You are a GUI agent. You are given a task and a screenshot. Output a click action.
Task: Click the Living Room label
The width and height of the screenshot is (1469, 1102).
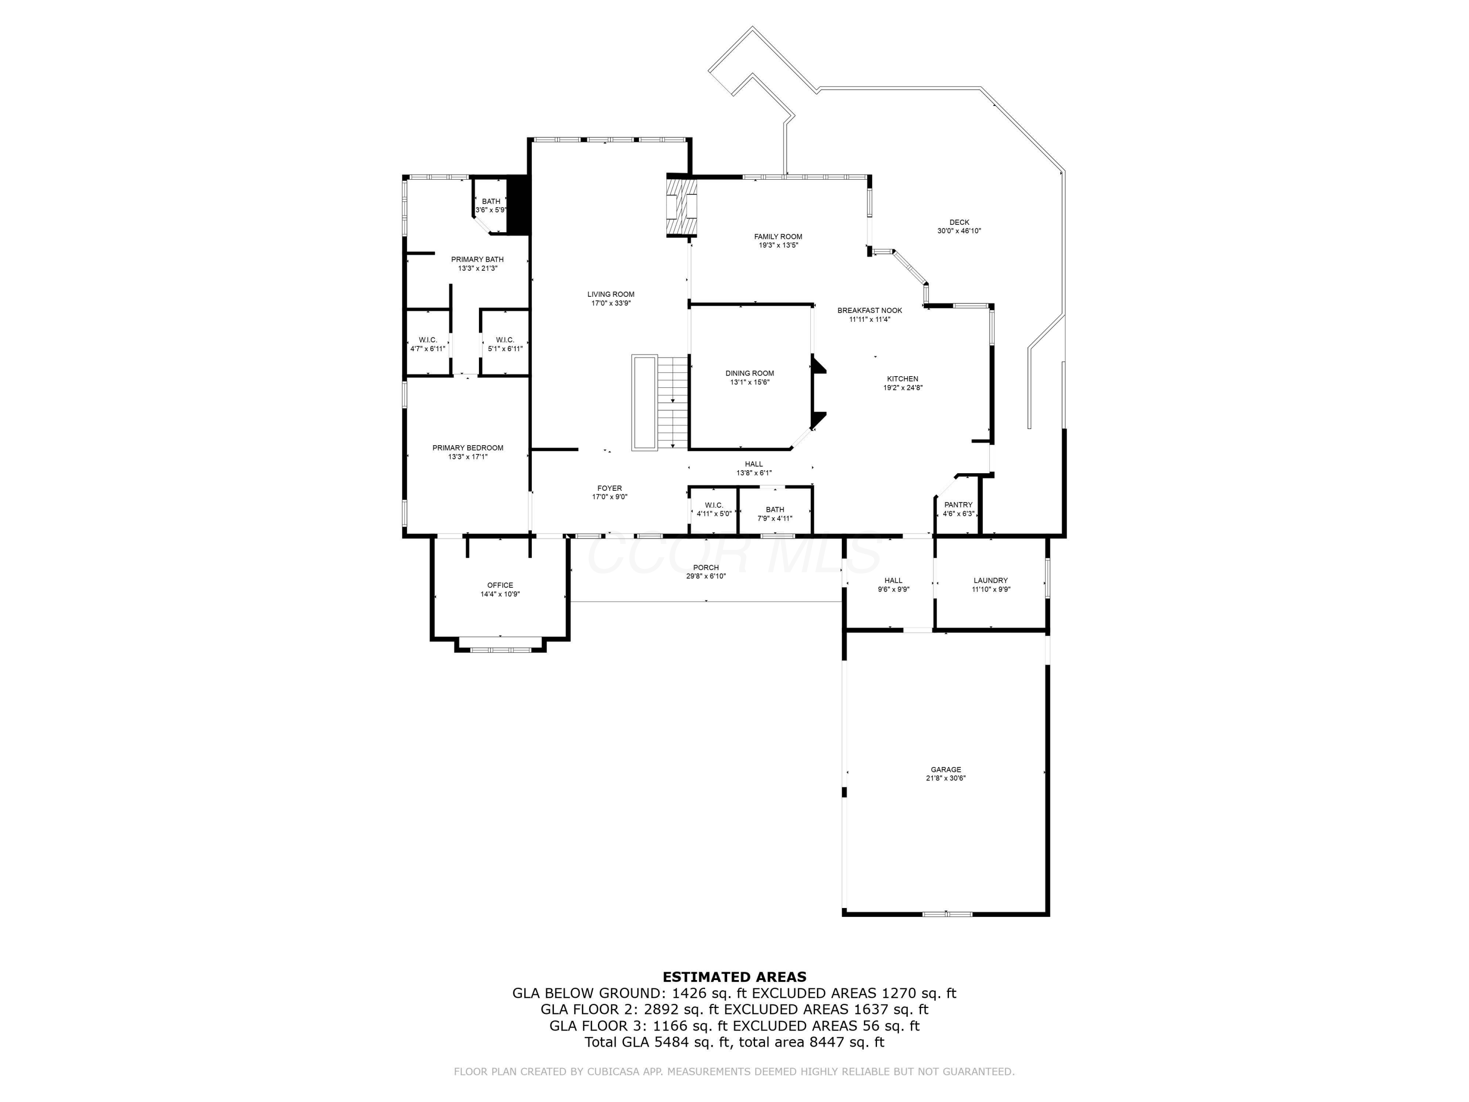tap(610, 294)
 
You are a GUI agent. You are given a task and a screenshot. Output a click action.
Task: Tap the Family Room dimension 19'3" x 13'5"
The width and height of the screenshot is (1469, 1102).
tap(779, 245)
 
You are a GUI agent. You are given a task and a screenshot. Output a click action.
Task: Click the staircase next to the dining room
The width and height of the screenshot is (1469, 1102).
tap(673, 403)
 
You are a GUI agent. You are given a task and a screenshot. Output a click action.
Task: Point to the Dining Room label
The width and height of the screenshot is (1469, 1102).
tap(749, 373)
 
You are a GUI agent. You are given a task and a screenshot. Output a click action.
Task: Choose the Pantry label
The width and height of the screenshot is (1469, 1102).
tap(958, 505)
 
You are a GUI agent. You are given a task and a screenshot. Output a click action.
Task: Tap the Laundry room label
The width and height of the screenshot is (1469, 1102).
tap(990, 580)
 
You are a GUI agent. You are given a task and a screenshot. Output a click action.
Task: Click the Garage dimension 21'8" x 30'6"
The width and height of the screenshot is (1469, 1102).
tap(946, 779)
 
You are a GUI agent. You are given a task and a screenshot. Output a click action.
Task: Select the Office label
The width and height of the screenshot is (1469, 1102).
tap(499, 585)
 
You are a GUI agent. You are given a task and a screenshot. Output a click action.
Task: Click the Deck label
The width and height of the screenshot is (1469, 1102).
tap(958, 222)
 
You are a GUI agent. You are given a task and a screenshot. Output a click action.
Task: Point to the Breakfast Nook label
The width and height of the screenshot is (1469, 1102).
tap(869, 310)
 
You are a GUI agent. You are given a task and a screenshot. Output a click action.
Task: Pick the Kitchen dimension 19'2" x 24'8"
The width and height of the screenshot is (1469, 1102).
tap(902, 388)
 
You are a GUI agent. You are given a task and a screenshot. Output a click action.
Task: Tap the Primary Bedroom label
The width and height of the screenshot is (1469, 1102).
tap(468, 448)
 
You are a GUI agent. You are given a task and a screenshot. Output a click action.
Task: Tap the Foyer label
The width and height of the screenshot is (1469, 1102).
tap(609, 488)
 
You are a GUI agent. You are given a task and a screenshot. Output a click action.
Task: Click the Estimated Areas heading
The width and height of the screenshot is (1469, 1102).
tap(734, 977)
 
